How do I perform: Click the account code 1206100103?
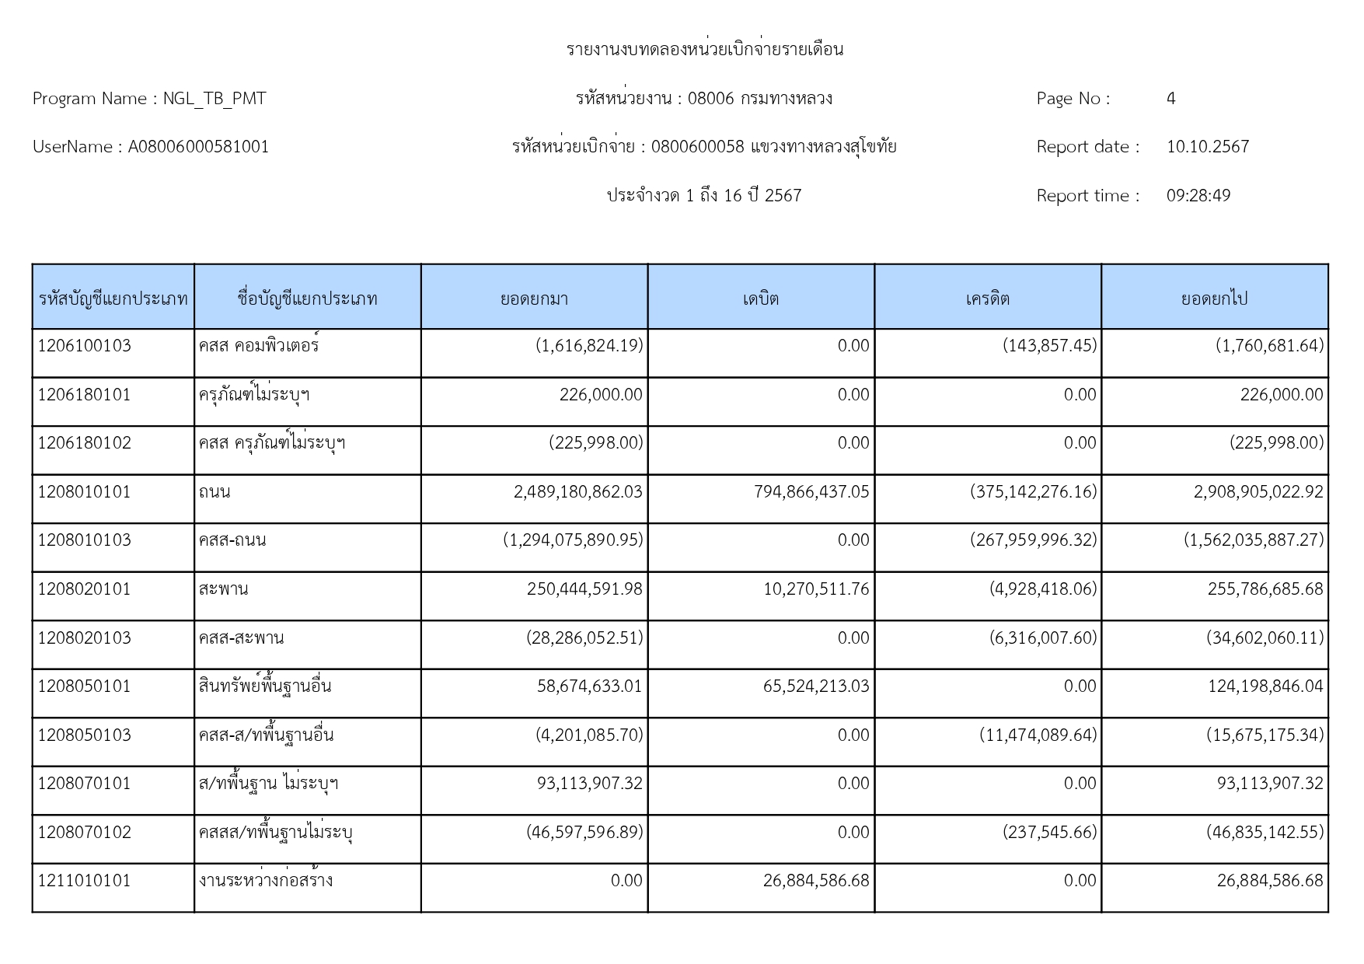pos(85,346)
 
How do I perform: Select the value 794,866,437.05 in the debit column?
pos(811,492)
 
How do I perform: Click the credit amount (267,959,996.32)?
pos(1034,540)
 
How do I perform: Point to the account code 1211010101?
pos(85,881)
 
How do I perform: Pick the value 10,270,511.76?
pos(816,589)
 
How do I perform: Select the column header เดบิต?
pos(760,299)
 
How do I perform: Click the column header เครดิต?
pos(987,299)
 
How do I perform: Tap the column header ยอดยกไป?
pos(1214,299)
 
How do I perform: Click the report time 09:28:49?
pos(1198,196)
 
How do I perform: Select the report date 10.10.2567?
pos(1207,147)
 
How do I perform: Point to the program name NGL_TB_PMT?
pos(215,99)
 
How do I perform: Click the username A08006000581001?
pos(198,147)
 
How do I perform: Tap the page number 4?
pos(1170,99)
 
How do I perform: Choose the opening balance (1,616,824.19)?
pos(589,346)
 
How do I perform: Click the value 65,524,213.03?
pos(816,686)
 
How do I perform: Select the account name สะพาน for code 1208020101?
pos(223,589)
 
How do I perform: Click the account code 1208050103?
pos(85,735)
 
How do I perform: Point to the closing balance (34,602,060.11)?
pos(1265,638)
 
